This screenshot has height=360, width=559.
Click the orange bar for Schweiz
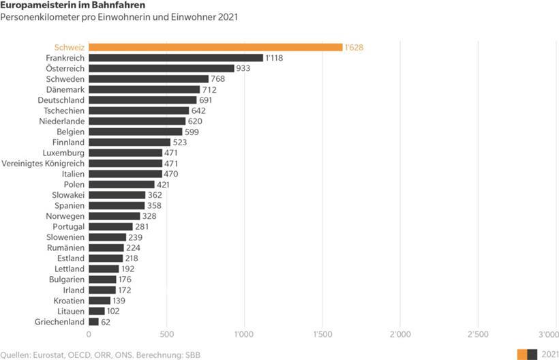[x=215, y=47]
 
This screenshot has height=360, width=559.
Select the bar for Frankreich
[x=176, y=58]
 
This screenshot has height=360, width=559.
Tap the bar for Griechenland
[x=93, y=322]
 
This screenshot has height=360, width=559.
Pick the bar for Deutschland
[x=142, y=100]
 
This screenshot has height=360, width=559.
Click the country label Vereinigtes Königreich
[x=44, y=164]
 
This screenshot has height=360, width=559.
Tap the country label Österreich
[x=65, y=68]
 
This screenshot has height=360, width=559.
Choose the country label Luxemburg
[x=63, y=153]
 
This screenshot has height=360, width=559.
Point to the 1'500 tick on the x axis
[x=322, y=334]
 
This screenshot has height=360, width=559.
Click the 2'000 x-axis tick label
[x=399, y=334]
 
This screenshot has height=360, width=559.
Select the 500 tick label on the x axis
[x=166, y=334]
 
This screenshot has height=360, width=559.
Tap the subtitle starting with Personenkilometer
[x=119, y=16]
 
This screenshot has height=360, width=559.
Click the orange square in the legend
[x=522, y=354]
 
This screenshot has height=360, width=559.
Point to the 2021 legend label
[x=549, y=354]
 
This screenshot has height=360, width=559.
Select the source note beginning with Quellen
[x=100, y=355]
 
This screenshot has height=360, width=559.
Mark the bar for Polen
[x=121, y=185]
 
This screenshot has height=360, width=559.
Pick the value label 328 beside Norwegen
[x=149, y=216]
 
